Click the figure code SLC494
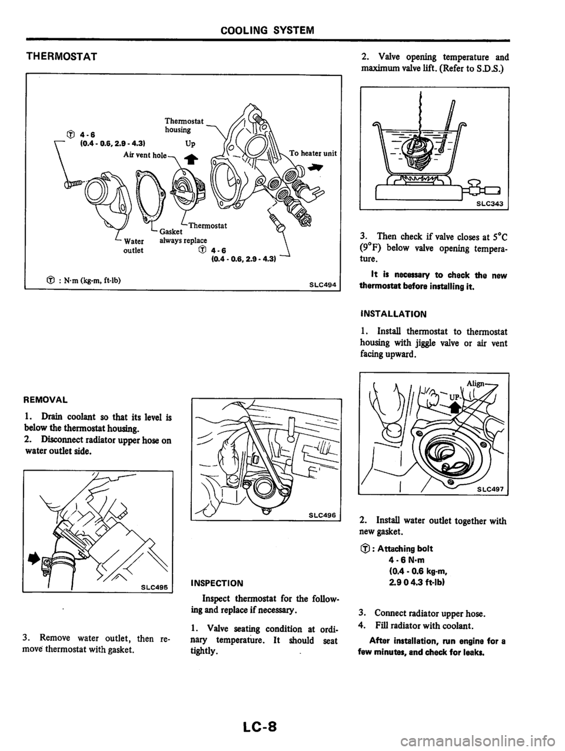click(x=323, y=284)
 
